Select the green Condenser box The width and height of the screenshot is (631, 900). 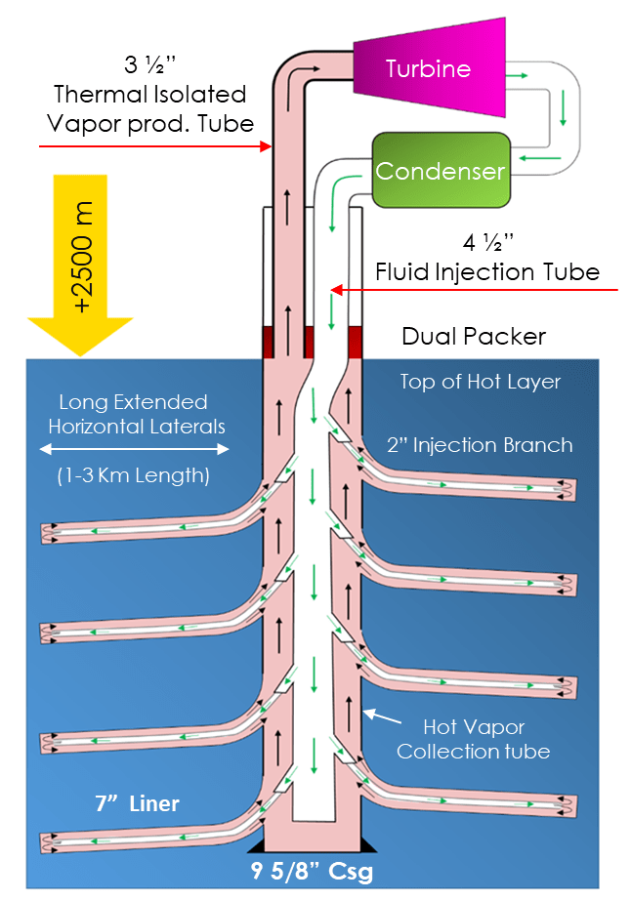[x=441, y=171]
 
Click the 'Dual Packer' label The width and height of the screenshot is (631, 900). [x=474, y=337]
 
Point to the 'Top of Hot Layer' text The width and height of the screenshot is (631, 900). [x=480, y=382]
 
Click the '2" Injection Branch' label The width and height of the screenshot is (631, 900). [x=480, y=445]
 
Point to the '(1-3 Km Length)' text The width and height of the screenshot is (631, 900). [x=135, y=476]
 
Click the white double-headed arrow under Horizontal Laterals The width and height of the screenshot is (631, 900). [x=135, y=450]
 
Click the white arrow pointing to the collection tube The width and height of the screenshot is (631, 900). [x=382, y=718]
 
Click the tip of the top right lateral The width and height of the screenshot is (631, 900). [x=573, y=484]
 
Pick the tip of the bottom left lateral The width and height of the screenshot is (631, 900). [x=45, y=841]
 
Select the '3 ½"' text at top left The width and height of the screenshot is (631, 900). [x=149, y=67]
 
